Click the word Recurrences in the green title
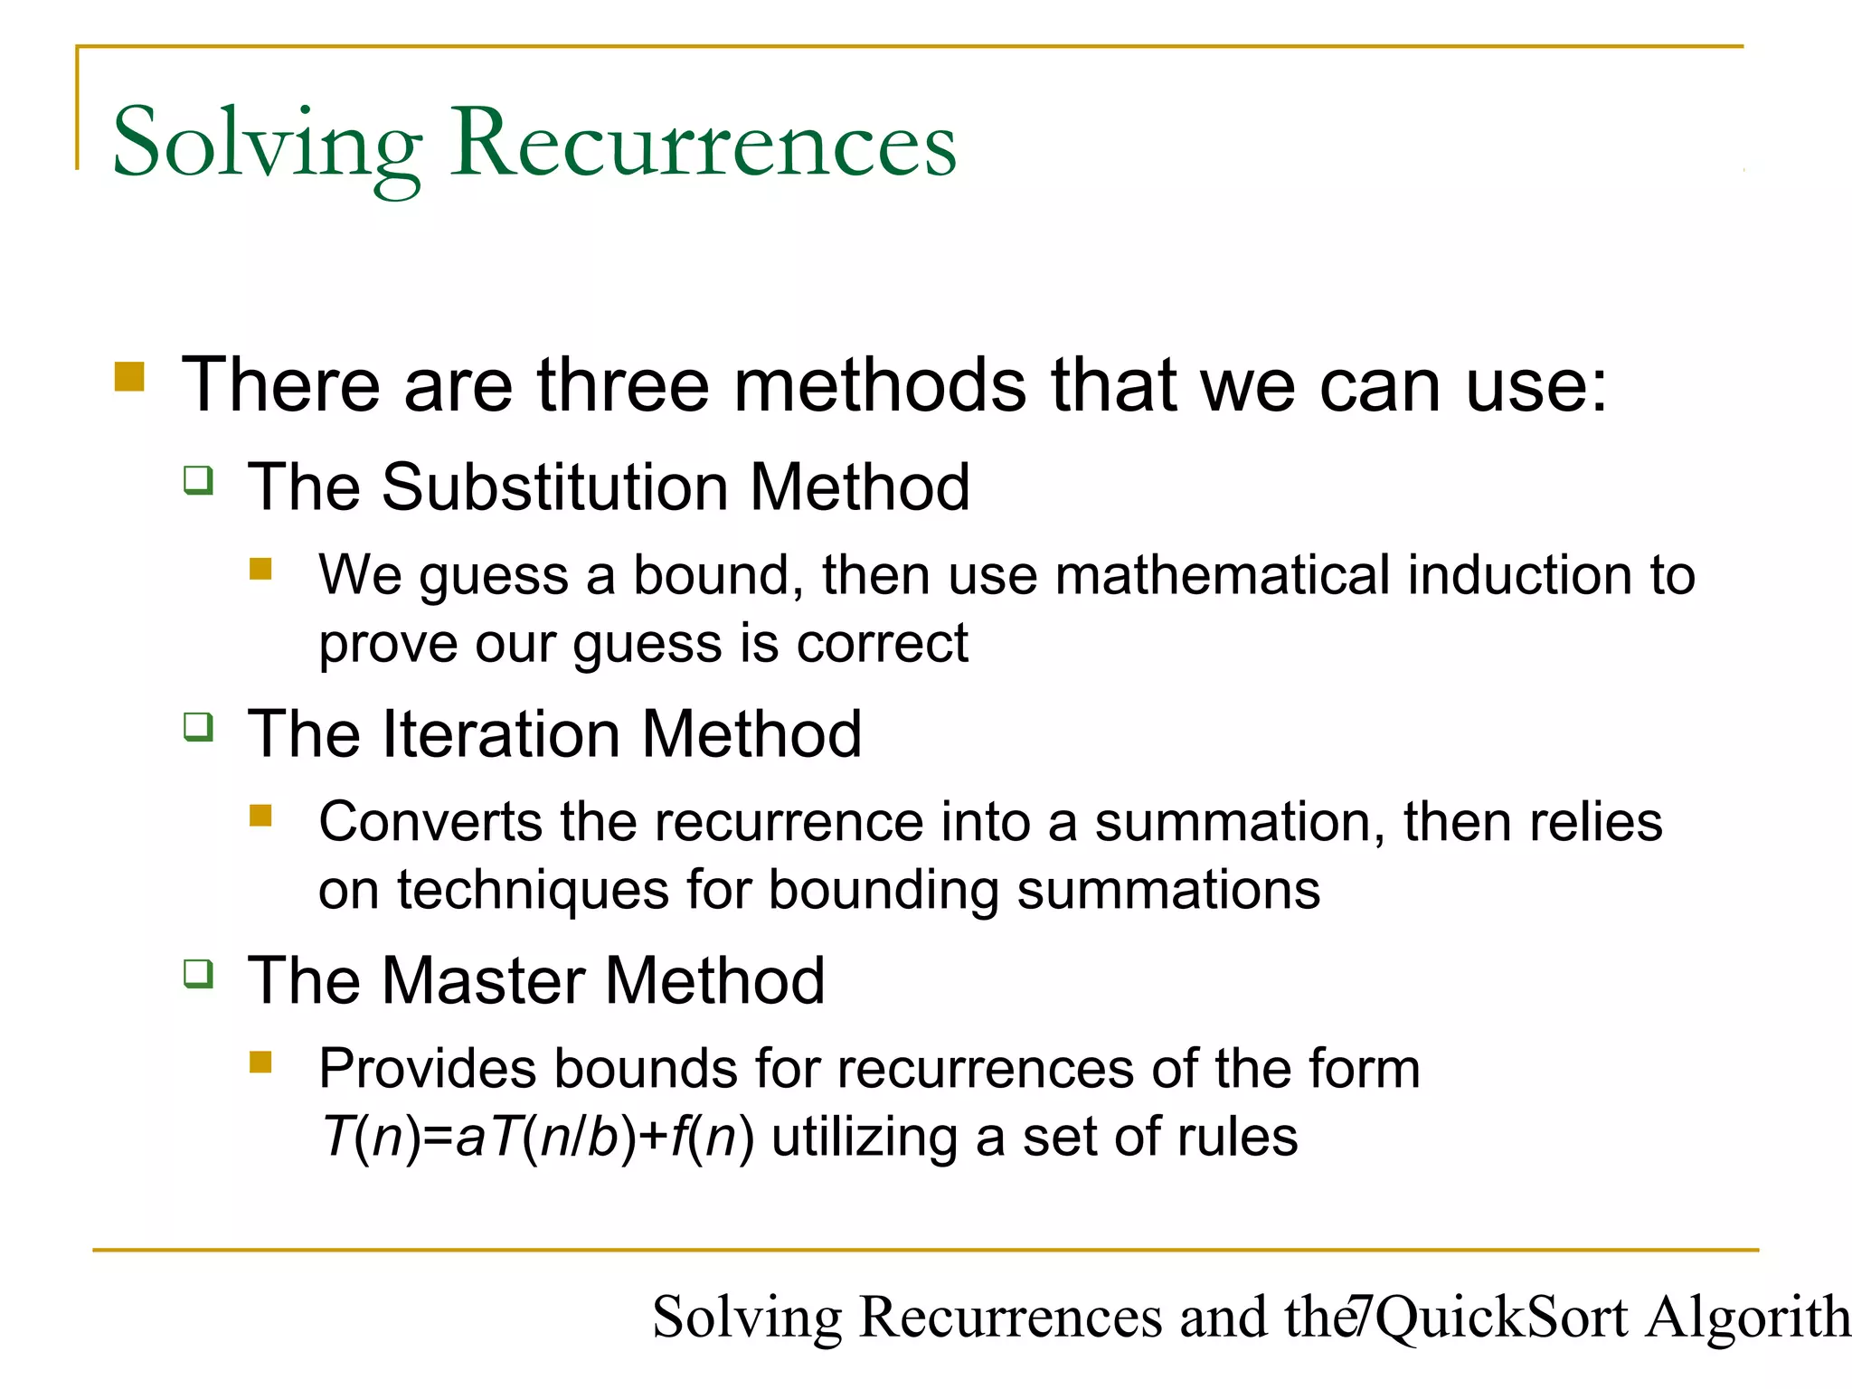pos(704,143)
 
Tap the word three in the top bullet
pos(623,385)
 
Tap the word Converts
pos(430,822)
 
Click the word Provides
pos(428,1069)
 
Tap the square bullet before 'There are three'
pos(129,376)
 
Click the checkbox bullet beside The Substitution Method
pos(198,480)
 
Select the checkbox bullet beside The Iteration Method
pos(198,727)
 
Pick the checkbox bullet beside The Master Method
pos(198,974)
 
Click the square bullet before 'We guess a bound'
pos(260,569)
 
